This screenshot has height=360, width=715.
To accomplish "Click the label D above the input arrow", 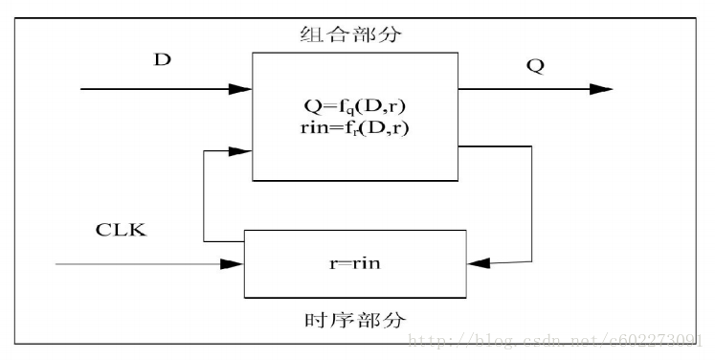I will point(163,60).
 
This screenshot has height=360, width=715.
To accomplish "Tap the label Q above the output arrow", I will point(536,67).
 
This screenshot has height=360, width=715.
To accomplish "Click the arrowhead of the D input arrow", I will point(241,90).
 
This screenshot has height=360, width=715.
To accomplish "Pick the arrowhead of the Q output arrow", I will point(601,89).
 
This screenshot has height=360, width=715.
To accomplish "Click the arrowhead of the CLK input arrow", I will point(234,262).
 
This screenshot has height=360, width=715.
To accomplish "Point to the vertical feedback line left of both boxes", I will point(204,196).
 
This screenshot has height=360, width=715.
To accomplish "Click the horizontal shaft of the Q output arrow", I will point(526,89).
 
